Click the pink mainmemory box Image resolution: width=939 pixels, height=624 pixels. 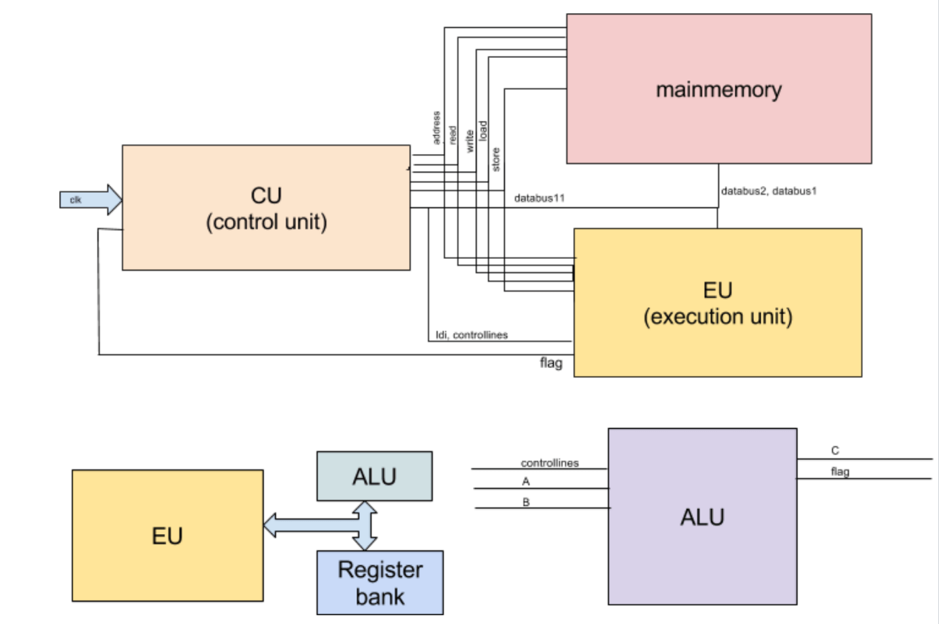pyautogui.click(x=719, y=89)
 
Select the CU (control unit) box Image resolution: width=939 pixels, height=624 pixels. pyautogui.click(x=266, y=208)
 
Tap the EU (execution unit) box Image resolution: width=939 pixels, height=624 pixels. pyautogui.click(x=718, y=303)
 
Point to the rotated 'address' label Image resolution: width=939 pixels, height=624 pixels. pyautogui.click(x=436, y=128)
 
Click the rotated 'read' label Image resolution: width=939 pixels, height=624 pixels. pyautogui.click(x=452, y=135)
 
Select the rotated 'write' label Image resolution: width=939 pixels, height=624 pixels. pyautogui.click(x=469, y=141)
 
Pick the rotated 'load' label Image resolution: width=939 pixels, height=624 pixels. pyautogui.click(x=482, y=131)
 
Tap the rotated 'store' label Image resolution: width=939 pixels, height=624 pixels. pyautogui.click(x=496, y=159)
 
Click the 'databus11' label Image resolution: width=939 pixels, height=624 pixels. pyautogui.click(x=539, y=198)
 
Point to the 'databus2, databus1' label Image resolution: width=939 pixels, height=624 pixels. pyautogui.click(x=768, y=191)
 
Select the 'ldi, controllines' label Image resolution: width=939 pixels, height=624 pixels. pyautogui.click(x=472, y=334)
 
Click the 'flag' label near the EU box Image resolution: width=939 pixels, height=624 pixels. pyautogui.click(x=551, y=362)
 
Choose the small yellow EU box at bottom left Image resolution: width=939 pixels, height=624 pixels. pyautogui.click(x=167, y=535)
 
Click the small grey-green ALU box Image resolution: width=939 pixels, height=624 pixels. pyautogui.click(x=374, y=476)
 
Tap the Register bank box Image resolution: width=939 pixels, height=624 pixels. pyautogui.click(x=380, y=583)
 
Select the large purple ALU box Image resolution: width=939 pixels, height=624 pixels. pyautogui.click(x=702, y=516)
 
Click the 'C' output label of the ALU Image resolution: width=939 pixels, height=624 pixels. pyautogui.click(x=835, y=450)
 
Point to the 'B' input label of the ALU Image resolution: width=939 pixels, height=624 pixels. pyautogui.click(x=526, y=502)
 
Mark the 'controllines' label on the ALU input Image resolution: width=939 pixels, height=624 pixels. pyautogui.click(x=550, y=463)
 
